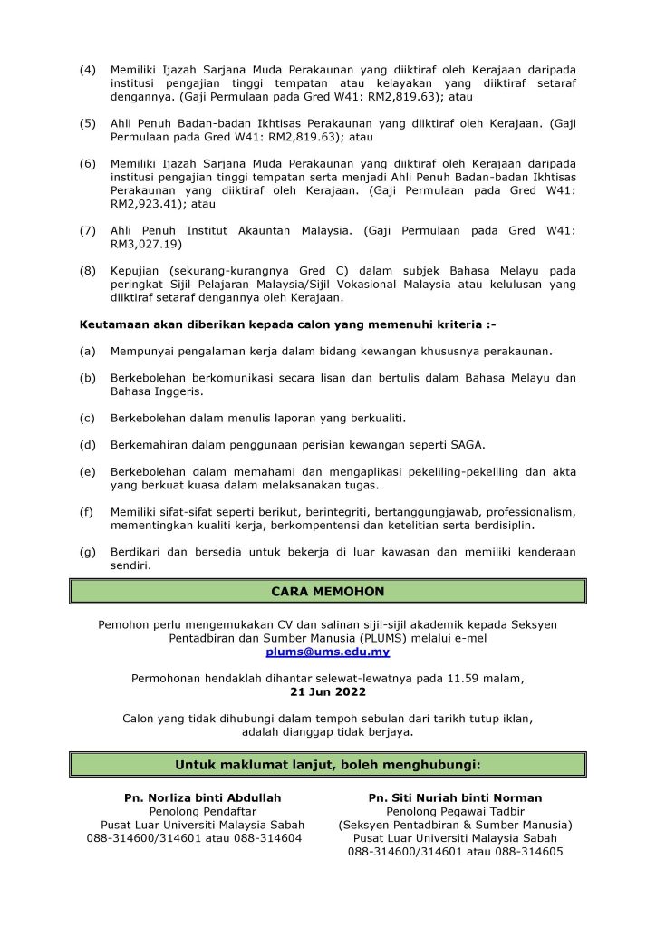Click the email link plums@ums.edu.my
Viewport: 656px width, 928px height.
point(328,652)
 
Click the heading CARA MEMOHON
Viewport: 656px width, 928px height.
point(328,591)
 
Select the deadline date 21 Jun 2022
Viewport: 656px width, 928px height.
point(328,691)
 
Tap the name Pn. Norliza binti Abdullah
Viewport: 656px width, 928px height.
point(202,797)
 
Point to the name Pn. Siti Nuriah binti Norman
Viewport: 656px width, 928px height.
point(455,797)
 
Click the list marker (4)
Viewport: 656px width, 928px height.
point(88,70)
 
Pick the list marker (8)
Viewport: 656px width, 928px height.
point(88,270)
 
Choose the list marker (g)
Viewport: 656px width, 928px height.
point(88,551)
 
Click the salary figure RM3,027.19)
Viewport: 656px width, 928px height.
point(146,244)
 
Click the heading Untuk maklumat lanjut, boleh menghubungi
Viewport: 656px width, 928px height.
point(328,765)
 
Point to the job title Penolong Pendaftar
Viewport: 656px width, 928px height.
point(202,811)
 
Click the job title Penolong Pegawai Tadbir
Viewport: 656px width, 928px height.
point(455,811)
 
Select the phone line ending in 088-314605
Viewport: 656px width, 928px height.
point(455,852)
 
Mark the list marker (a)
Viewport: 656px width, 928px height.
point(88,350)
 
